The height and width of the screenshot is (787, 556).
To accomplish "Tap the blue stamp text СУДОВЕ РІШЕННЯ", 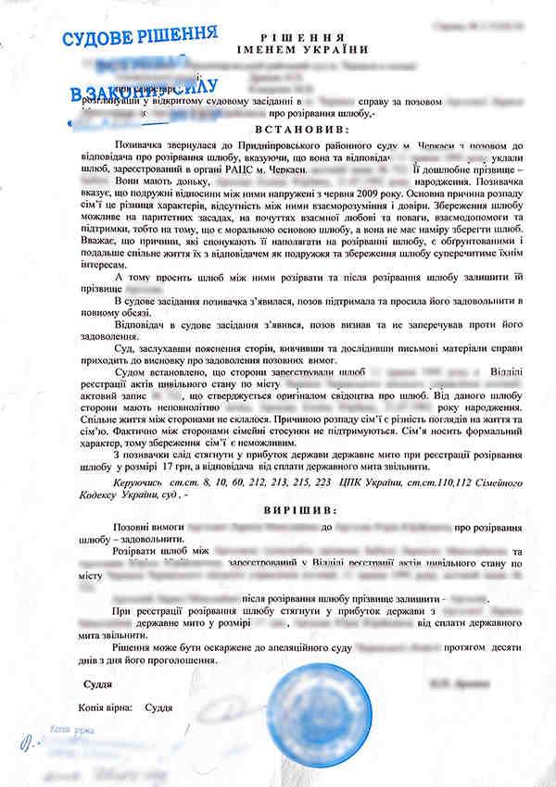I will pyautogui.click(x=140, y=38).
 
